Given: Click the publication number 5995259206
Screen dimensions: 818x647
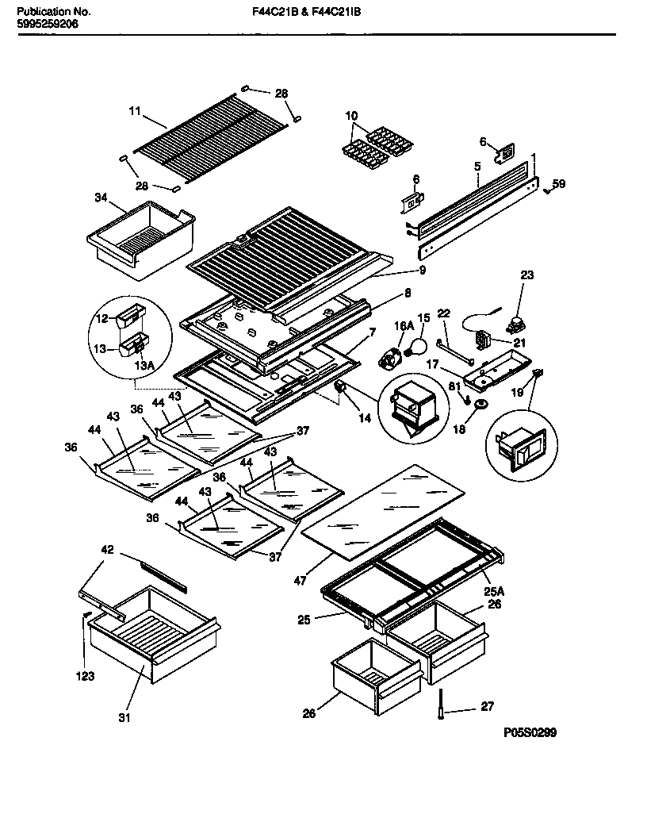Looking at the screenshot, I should pos(48,25).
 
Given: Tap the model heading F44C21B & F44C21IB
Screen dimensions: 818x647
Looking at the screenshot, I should pos(301,13).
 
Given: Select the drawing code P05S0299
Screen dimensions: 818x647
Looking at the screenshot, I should pos(530,734).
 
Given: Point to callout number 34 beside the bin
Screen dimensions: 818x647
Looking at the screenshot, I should pos(101,197).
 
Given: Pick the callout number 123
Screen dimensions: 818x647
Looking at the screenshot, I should pos(85,677).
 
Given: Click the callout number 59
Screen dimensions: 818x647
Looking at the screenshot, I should pos(559,184).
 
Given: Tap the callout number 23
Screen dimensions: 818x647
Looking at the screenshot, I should pos(527,275).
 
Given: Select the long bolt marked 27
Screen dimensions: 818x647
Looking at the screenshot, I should pos(439,705).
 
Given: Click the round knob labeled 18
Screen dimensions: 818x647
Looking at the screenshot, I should pos(480,406).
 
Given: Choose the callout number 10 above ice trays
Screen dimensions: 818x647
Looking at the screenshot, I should pos(351,116).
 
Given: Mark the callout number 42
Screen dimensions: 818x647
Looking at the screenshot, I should pos(108,549).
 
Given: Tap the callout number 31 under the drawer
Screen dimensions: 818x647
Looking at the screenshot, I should pos(124,720).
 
